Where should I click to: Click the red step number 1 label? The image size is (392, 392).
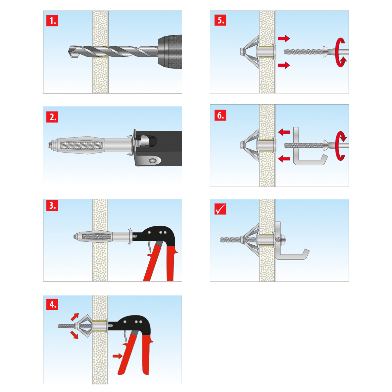tap(52, 21)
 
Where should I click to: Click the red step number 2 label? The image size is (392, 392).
tap(52, 117)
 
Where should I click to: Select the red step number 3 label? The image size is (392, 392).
tap(52, 205)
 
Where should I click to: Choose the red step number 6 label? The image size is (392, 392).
tap(220, 115)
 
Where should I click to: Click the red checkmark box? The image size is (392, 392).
tap(220, 209)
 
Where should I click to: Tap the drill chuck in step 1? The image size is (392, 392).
tap(170, 52)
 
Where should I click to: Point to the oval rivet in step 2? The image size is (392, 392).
tap(153, 161)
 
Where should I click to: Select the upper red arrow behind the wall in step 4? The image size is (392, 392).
tap(75, 317)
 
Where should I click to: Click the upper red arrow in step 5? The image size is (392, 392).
tap(284, 38)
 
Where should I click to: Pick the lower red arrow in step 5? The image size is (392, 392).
tap(284, 65)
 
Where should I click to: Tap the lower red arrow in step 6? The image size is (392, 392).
tap(284, 158)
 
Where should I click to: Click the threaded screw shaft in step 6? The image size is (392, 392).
tap(303, 145)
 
